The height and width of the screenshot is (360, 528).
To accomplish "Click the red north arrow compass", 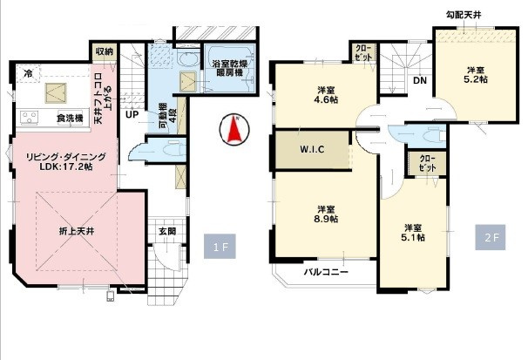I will (x=234, y=130).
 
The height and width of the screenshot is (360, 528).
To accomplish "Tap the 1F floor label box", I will (x=219, y=247).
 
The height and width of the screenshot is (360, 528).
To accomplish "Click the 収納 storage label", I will (x=104, y=52).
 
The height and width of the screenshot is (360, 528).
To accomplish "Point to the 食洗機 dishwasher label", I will (x=69, y=118).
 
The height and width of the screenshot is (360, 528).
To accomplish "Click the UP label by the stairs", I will (x=132, y=114).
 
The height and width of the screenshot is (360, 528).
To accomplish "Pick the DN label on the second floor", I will (x=419, y=82).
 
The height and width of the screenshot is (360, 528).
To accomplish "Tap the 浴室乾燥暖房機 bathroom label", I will (x=230, y=70).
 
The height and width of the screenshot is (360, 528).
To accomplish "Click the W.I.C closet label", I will (x=312, y=148).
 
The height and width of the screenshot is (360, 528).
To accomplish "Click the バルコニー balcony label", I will (x=325, y=273).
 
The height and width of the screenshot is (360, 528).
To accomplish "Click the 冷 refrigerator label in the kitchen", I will (x=29, y=73).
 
